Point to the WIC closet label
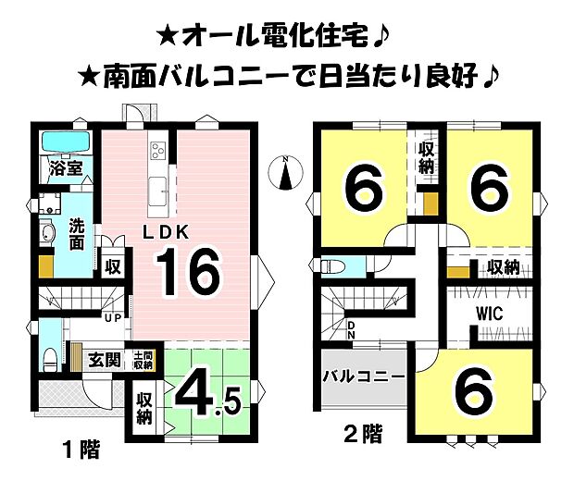pyautogui.click(x=490, y=314)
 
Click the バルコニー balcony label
pyautogui.click(x=364, y=377)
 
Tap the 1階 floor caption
pyautogui.click(x=81, y=452)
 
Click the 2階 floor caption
pyautogui.click(x=362, y=431)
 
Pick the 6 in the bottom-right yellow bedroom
pyautogui.click(x=474, y=393)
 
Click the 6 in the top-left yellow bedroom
pyautogui.click(x=362, y=189)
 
